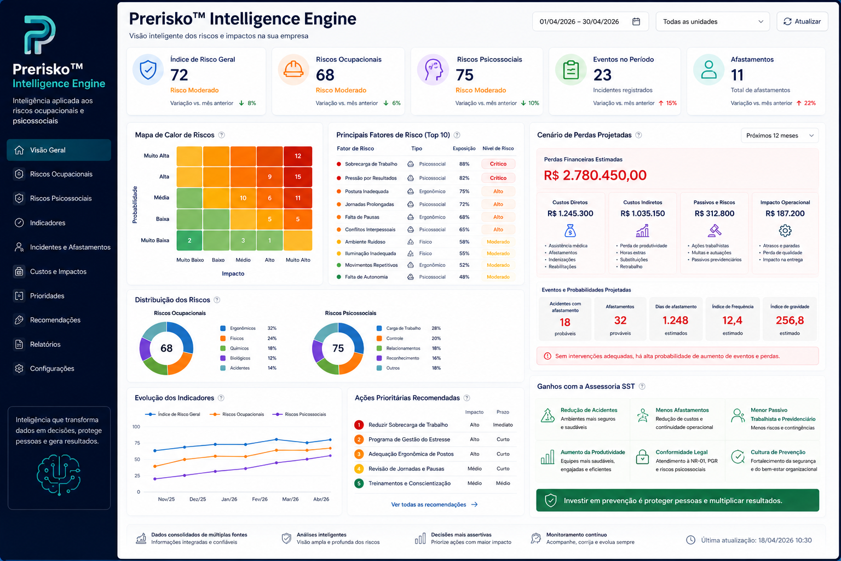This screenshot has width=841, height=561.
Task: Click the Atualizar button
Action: [x=802, y=21]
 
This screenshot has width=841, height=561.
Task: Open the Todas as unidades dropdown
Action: [x=712, y=21]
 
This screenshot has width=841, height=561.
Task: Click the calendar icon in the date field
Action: [x=636, y=21]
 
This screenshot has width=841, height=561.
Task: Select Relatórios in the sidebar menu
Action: [x=45, y=344]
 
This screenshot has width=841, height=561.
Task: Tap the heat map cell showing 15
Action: [x=298, y=176]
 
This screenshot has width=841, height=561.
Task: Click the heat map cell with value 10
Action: [x=243, y=198]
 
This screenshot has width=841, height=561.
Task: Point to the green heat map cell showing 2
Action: [x=189, y=241]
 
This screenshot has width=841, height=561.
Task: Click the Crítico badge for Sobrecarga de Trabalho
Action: [x=498, y=164]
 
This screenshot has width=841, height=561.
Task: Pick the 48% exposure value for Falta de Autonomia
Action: [x=464, y=277]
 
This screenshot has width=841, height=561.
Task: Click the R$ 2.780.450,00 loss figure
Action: [x=595, y=175]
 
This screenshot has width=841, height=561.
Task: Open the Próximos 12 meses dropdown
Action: [x=780, y=136]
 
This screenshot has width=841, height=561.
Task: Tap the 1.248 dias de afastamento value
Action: [x=675, y=320]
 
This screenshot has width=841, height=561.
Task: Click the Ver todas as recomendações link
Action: [x=434, y=505]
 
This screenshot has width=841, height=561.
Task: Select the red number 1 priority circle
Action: [x=359, y=425]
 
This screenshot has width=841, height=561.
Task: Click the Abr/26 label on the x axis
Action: [x=321, y=500]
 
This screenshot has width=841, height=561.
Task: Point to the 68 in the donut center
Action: [x=166, y=348]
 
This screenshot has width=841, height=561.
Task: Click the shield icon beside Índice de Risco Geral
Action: [x=148, y=70]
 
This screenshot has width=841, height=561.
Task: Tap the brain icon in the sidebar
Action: [x=59, y=474]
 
